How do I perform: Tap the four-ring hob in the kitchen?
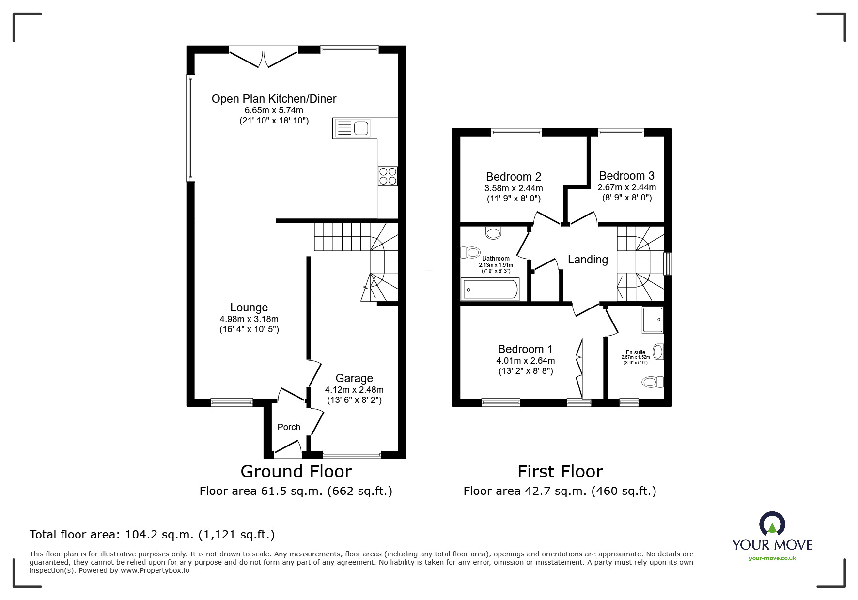(x=388, y=176)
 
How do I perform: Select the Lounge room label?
(x=249, y=308)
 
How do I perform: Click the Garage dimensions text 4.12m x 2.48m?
(x=354, y=389)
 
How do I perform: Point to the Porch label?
(x=289, y=427)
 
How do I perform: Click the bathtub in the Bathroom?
(x=490, y=290)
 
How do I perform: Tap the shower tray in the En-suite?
(x=653, y=320)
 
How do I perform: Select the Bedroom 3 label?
(x=626, y=176)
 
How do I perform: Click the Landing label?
(x=588, y=260)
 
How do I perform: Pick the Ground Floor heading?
(x=296, y=471)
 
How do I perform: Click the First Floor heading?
(x=560, y=471)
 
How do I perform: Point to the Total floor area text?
(x=152, y=535)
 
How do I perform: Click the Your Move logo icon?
(x=772, y=524)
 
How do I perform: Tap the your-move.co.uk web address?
(x=772, y=558)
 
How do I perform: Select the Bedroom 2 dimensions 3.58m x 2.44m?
(x=514, y=188)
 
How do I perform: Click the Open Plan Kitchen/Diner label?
(x=274, y=99)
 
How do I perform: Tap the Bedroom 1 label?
(x=525, y=349)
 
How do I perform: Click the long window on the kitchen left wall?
(x=191, y=128)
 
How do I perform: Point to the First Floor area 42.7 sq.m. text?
(x=560, y=491)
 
